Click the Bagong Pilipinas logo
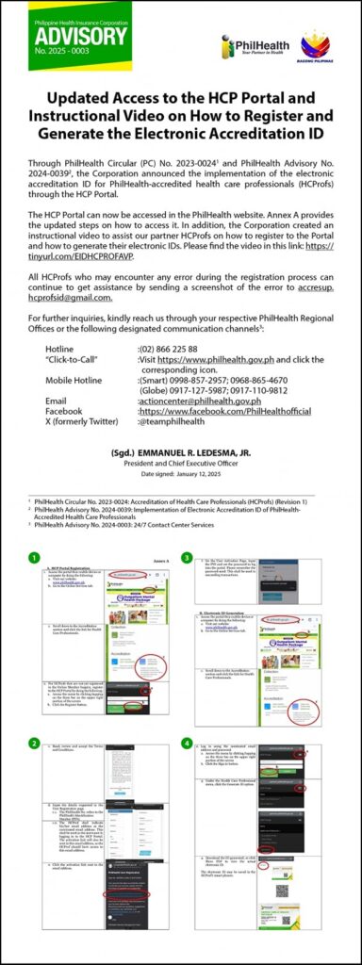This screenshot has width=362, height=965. [314, 46]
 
